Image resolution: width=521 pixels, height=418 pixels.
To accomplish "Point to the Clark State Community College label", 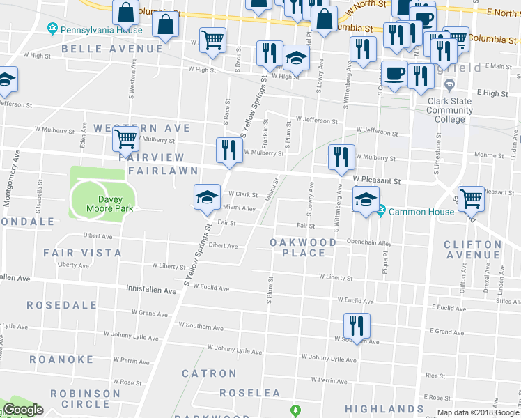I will pyautogui.click(x=449, y=110).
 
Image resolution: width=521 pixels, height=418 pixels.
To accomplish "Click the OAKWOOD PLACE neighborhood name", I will pyautogui.click(x=303, y=247).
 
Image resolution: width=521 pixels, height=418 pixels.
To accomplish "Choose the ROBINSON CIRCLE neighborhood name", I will pyautogui.click(x=89, y=398).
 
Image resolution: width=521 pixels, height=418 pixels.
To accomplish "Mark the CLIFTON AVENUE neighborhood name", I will pyautogui.click(x=472, y=249).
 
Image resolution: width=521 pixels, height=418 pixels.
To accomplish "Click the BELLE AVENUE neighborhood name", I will pyautogui.click(x=112, y=49).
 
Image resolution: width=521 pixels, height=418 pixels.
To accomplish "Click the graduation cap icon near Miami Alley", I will pyautogui.click(x=206, y=197).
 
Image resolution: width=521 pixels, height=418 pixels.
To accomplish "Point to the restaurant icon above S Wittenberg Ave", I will pyautogui.click(x=341, y=157).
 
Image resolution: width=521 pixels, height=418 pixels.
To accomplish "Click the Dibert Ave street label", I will pyautogui.click(x=224, y=246).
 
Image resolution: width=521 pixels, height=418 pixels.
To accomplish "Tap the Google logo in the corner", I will pyautogui.click(x=23, y=410).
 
